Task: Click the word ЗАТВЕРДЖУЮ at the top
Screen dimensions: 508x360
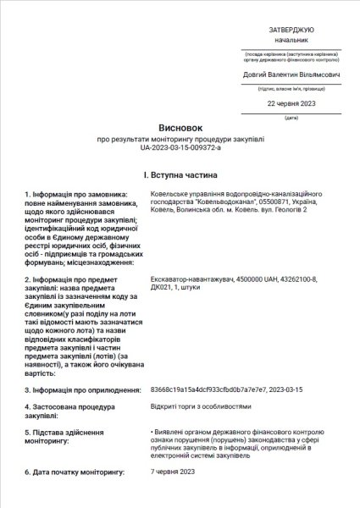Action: point(291,28)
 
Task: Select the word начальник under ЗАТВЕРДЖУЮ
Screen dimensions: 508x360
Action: point(291,40)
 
